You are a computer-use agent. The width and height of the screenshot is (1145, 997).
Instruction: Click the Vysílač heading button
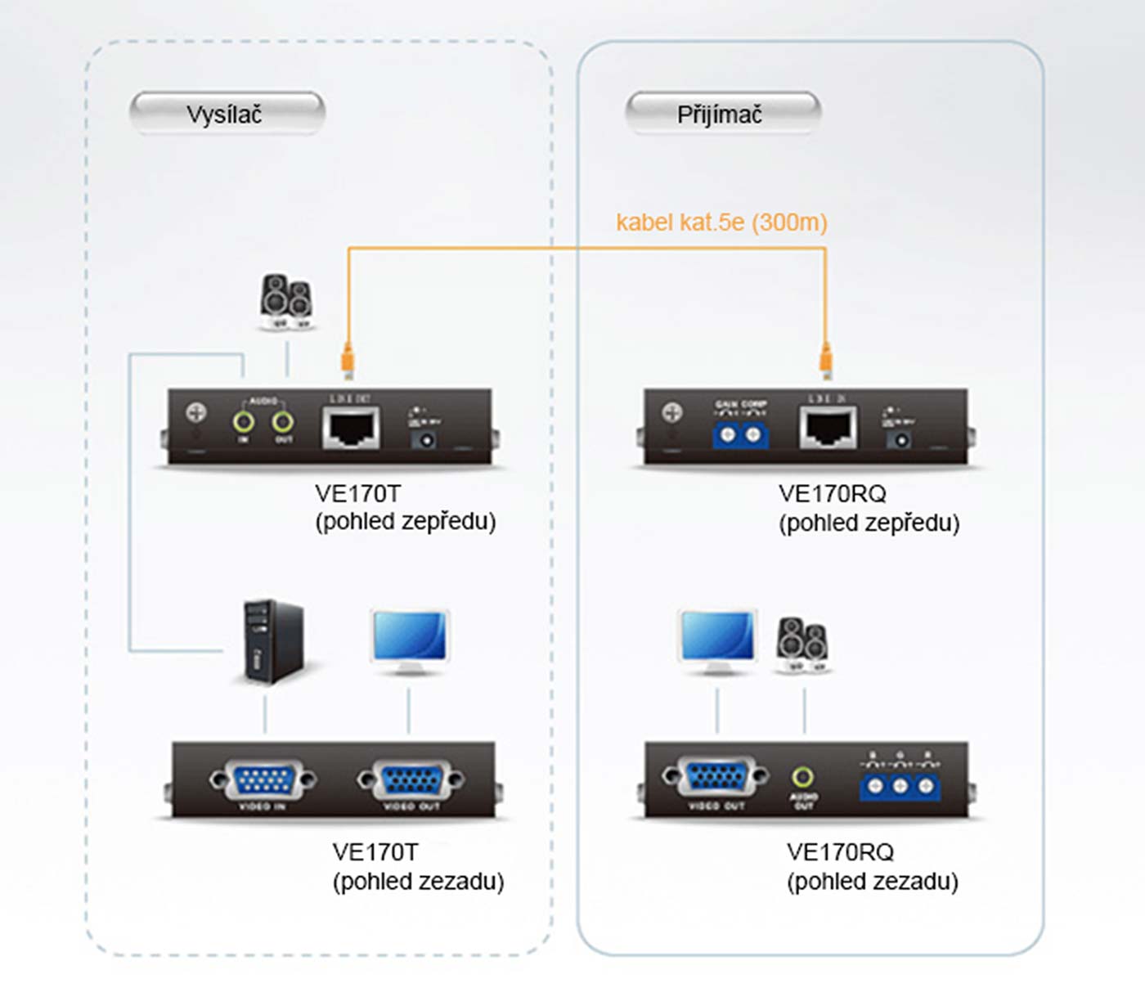(x=227, y=114)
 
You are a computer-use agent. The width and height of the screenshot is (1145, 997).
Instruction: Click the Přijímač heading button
(x=721, y=114)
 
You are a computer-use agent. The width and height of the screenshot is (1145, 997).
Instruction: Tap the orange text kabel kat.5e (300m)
(x=721, y=222)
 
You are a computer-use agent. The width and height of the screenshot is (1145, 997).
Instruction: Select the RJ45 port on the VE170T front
(x=352, y=428)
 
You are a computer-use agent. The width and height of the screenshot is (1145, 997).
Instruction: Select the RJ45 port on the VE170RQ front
(x=828, y=428)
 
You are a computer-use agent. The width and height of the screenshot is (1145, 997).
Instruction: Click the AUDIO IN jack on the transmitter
(x=243, y=422)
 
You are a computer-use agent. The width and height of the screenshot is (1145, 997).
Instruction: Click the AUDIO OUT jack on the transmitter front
(x=283, y=422)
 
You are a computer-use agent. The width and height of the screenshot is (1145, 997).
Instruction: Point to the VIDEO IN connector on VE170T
(x=262, y=781)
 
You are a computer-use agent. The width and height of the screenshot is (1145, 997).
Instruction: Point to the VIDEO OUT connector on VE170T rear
(x=411, y=781)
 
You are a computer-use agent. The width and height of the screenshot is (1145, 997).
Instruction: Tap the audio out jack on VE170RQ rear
(x=803, y=776)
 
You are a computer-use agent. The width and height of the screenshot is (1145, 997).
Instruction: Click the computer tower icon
(x=273, y=643)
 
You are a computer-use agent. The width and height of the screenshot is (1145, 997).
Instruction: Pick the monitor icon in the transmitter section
(x=409, y=641)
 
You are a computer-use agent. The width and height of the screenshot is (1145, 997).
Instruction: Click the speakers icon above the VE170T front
(x=287, y=302)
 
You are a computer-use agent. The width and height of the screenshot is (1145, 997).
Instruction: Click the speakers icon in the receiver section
(x=804, y=644)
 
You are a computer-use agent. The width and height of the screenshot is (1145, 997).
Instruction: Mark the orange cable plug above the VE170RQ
(x=826, y=360)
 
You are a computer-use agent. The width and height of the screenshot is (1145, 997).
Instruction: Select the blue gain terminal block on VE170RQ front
(x=740, y=434)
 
